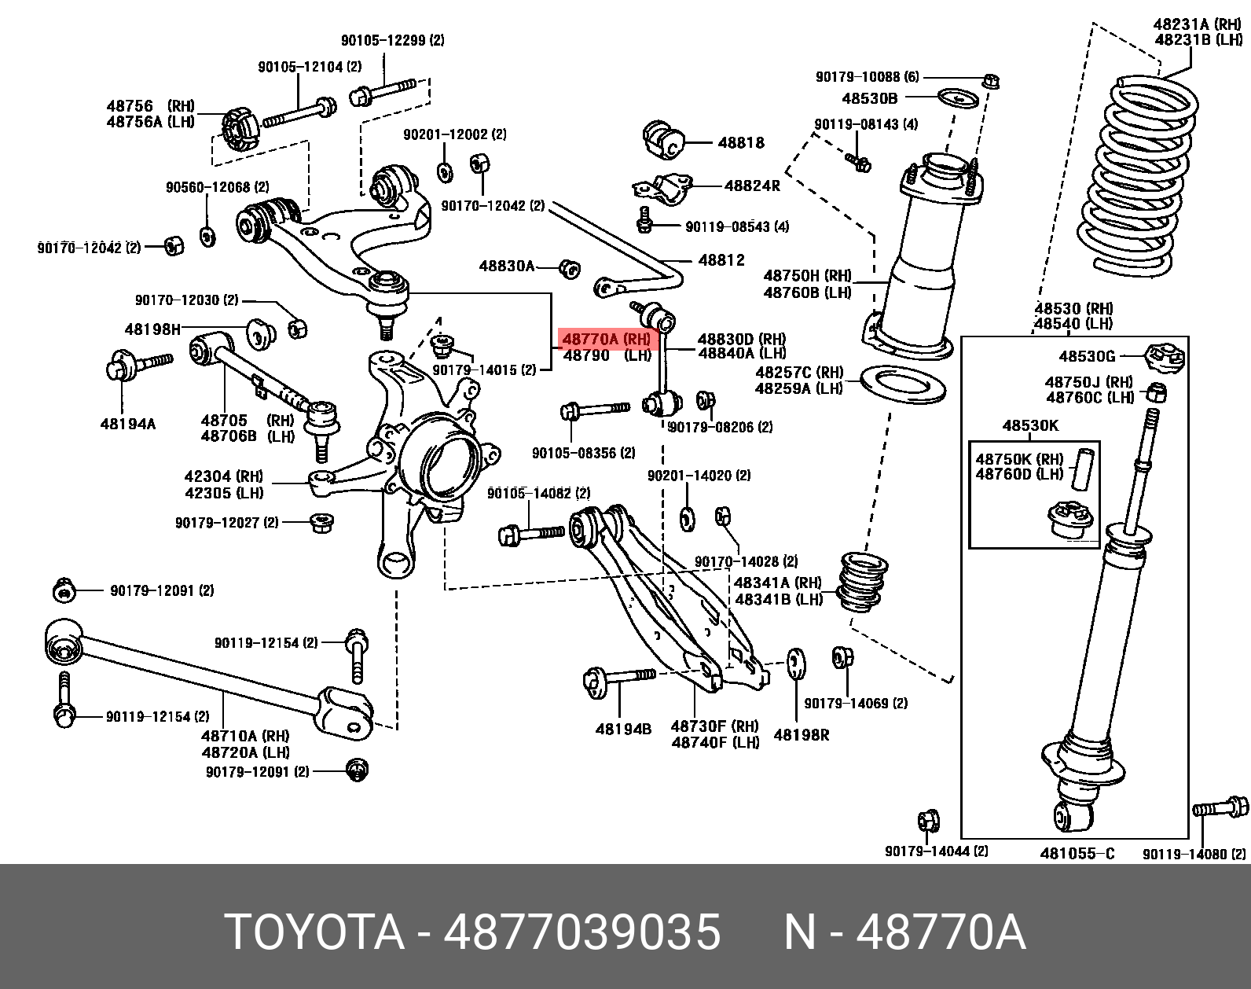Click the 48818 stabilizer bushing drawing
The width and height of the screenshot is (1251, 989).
(664, 140)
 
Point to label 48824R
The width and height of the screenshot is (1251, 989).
(751, 186)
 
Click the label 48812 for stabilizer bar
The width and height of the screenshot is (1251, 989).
(721, 260)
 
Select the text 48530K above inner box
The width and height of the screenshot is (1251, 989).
(1029, 426)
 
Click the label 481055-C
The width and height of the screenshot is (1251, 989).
(1077, 853)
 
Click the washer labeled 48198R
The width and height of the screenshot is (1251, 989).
(794, 663)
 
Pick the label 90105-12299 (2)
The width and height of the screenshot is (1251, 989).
(392, 40)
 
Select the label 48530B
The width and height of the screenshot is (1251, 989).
(869, 98)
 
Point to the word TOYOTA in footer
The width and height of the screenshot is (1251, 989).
(314, 932)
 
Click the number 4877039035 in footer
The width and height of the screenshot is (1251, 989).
(581, 932)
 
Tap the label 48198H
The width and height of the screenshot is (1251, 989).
(152, 329)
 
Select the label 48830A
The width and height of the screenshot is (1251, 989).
(507, 267)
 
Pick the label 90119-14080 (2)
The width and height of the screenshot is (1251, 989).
(1194, 854)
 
